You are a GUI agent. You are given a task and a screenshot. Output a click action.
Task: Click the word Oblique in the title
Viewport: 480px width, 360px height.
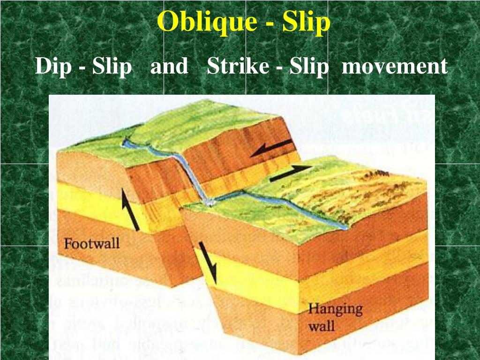[x=207, y=22]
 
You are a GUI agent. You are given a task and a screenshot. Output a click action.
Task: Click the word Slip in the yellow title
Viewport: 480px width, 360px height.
[x=306, y=22]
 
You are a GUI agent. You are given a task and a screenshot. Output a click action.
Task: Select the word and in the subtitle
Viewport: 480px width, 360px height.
[x=169, y=66]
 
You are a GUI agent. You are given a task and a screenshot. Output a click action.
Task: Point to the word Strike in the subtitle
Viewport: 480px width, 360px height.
[x=238, y=66]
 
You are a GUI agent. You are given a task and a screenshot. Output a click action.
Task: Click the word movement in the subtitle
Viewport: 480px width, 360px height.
[x=395, y=66]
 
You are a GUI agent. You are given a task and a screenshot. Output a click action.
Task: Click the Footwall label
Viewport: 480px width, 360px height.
[x=91, y=244]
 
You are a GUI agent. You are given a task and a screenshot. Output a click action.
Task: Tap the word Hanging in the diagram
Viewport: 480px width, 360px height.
[x=335, y=309]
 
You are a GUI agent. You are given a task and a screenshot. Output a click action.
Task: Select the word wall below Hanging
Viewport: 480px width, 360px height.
[x=321, y=326]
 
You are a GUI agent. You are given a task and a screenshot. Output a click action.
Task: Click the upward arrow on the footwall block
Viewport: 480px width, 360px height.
[x=130, y=210]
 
